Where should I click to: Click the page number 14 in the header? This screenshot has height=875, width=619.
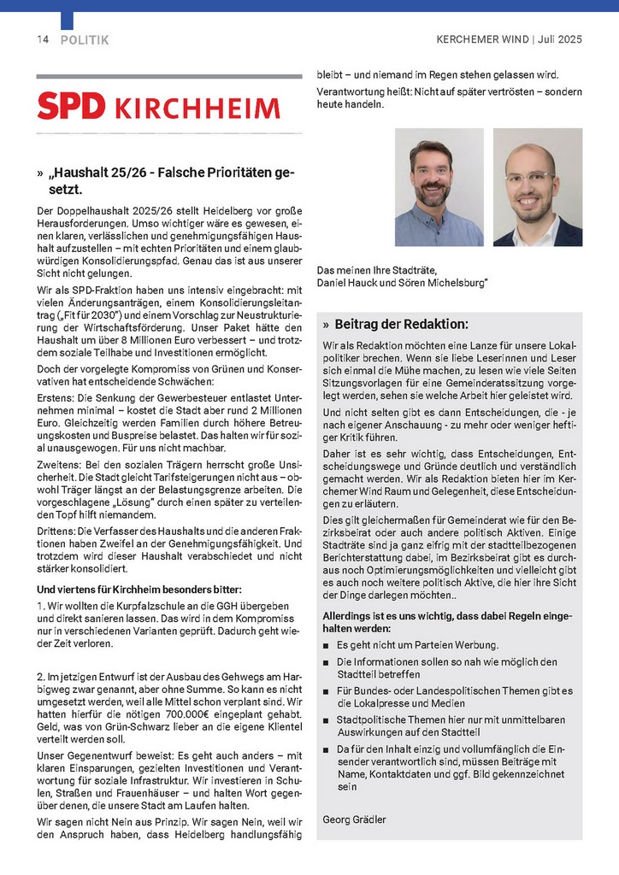[43, 40]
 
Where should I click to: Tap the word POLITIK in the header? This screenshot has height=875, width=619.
[85, 40]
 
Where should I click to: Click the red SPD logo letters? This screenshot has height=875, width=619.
[71, 106]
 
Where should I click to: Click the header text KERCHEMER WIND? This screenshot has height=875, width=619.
[481, 40]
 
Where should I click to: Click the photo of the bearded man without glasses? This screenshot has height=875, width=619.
[439, 187]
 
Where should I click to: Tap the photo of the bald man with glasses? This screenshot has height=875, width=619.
[537, 187]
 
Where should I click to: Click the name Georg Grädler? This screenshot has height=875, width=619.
[354, 819]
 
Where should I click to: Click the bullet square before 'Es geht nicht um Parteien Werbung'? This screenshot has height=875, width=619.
[326, 645]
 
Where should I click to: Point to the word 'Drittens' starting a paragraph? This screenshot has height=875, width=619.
[56, 529]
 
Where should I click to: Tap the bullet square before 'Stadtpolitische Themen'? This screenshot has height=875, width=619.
[326, 720]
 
